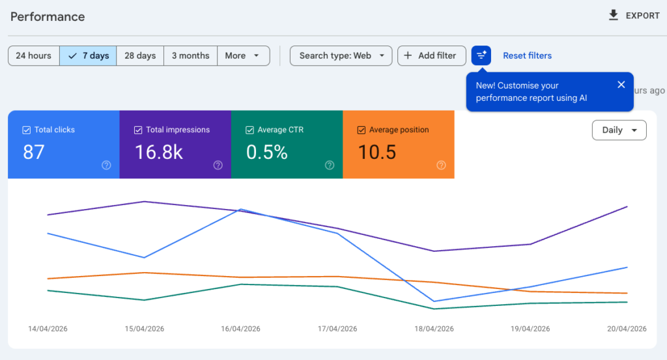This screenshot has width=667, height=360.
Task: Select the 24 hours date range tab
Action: click(x=34, y=56)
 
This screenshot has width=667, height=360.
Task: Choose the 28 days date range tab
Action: click(x=140, y=56)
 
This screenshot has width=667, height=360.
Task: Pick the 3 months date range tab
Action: click(x=190, y=56)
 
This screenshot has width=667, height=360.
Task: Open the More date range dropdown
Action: click(x=243, y=56)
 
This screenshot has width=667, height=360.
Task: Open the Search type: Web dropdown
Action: click(x=341, y=56)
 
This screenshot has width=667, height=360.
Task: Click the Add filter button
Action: click(x=431, y=56)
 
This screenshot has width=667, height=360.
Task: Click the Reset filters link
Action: click(x=527, y=56)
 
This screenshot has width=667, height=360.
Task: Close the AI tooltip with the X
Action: click(x=621, y=85)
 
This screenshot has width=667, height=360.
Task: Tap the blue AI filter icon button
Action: click(x=481, y=56)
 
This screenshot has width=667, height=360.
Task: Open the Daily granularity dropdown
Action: click(x=619, y=130)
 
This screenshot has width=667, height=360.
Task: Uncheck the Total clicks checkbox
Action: click(x=27, y=130)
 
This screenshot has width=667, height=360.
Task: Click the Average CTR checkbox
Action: click(x=249, y=130)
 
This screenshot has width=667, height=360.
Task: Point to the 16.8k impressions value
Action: click(x=159, y=152)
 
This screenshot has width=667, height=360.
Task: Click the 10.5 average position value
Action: click(x=377, y=152)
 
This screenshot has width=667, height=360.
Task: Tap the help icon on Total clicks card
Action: click(x=106, y=165)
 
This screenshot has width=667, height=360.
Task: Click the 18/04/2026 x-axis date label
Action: click(x=434, y=329)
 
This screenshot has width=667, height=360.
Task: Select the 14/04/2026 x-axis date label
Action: click(x=48, y=329)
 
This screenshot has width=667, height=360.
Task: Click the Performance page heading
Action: click(x=48, y=16)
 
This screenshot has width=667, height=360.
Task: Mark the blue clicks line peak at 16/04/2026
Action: click(x=241, y=210)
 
